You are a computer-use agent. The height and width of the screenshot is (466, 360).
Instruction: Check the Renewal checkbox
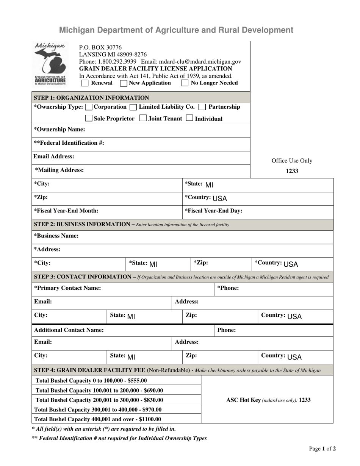[85, 83]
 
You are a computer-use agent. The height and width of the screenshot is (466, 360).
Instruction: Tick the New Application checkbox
[124, 83]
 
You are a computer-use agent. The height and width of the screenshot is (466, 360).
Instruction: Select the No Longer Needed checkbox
[185, 83]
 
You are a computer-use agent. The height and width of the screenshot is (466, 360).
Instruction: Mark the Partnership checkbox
[202, 107]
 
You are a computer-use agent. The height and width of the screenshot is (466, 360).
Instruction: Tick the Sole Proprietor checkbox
[88, 119]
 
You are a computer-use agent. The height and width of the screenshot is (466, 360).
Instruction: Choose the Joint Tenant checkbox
[142, 119]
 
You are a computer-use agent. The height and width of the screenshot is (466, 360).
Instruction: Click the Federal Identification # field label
[69, 143]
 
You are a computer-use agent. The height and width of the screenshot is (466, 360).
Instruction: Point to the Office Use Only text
[292, 161]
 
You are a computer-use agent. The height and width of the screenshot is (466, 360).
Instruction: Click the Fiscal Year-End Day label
[213, 211]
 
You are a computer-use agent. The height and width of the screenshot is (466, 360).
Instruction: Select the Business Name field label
[56, 236]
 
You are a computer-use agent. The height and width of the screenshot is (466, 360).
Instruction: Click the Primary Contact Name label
[67, 288]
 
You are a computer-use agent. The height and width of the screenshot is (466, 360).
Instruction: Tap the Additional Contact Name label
[69, 330]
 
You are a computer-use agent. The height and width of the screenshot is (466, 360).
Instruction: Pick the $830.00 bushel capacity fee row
[99, 400]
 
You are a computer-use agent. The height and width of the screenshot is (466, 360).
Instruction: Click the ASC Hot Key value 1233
[305, 400]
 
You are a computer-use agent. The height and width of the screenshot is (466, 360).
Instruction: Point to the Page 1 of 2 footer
[322, 449]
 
